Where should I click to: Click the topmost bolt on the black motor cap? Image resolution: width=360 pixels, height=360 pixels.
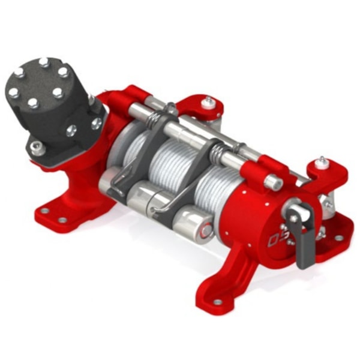(44, 61)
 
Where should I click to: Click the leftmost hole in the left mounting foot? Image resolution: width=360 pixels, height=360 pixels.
(44, 212)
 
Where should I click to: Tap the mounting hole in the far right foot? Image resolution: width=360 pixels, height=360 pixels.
(339, 238)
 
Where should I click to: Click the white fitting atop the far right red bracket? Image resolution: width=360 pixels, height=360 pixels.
(322, 161)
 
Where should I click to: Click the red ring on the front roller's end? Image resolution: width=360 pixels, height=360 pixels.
(206, 227)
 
